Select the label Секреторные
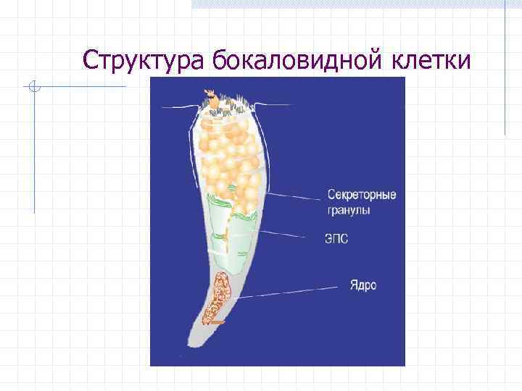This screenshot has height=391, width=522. pos(362,195)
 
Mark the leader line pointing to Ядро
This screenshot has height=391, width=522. pos(290,291)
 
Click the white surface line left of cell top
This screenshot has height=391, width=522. pos(178,107)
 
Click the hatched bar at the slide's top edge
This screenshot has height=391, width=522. pos(348,4)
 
